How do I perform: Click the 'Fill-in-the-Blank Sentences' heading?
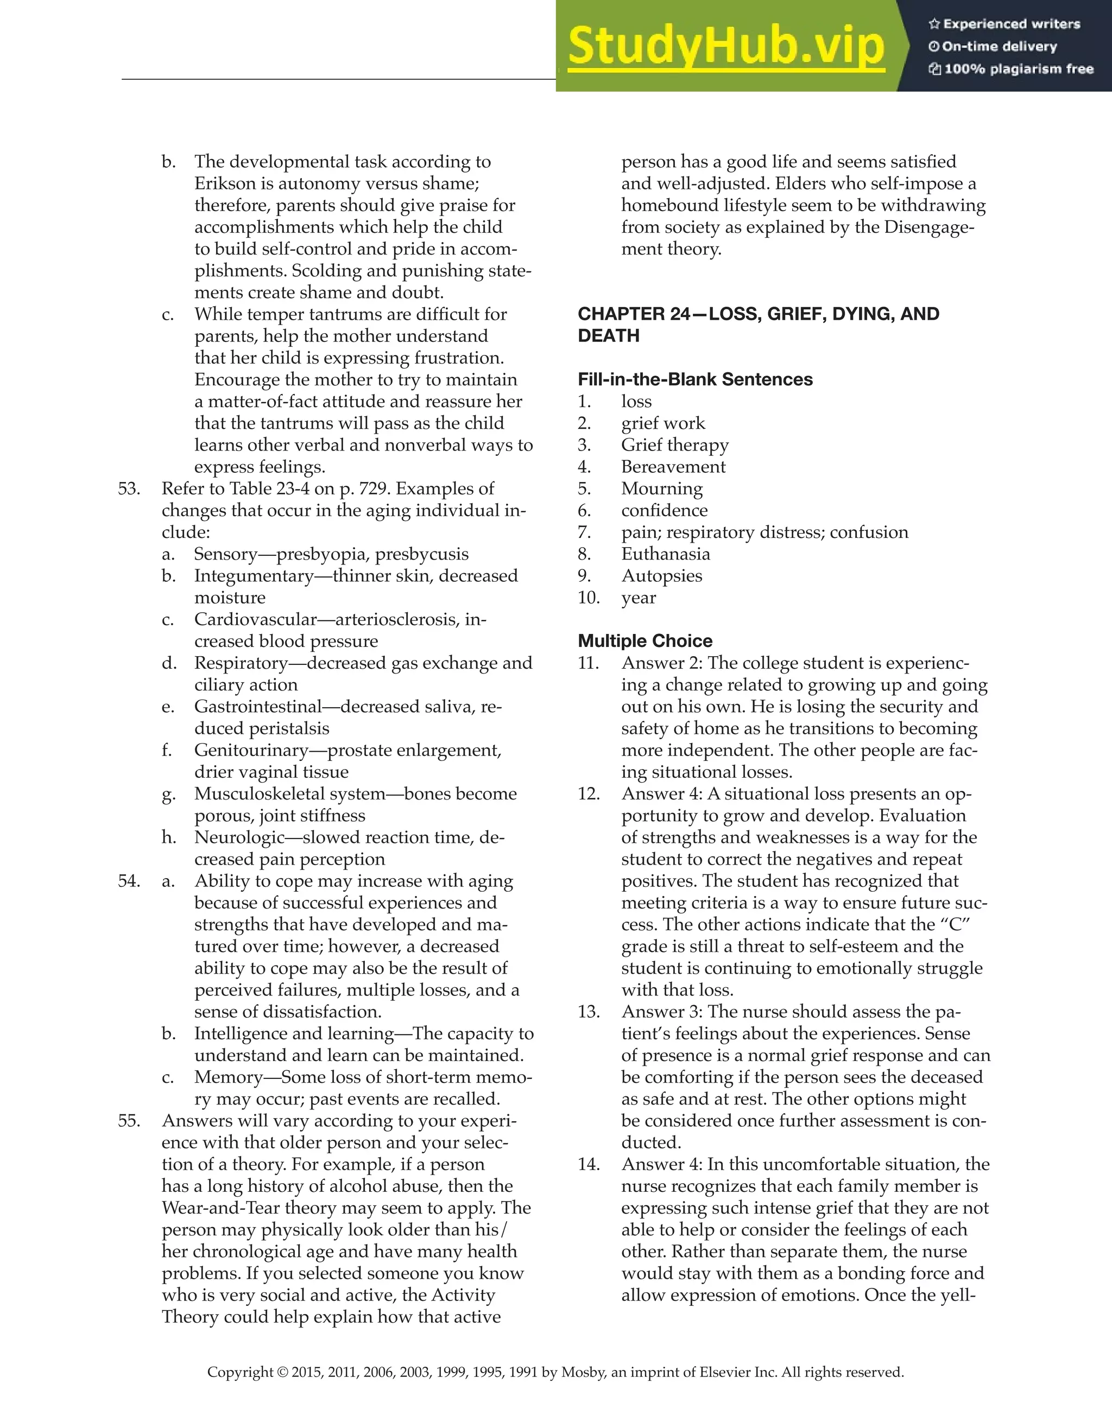(x=695, y=379)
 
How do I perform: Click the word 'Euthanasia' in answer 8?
(x=665, y=554)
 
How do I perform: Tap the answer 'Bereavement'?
(x=673, y=467)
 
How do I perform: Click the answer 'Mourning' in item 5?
(x=662, y=488)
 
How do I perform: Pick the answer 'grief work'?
(x=662, y=423)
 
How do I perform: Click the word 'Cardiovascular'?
(x=255, y=619)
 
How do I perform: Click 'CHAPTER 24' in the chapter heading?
(x=633, y=314)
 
